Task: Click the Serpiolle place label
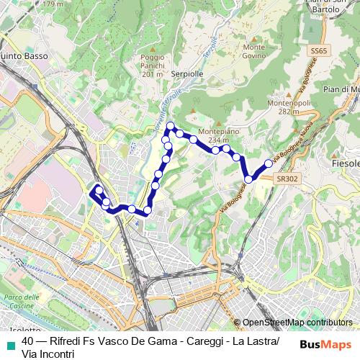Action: point(189,73)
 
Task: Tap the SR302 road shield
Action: point(286,179)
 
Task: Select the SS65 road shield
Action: point(320,51)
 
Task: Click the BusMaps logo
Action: point(325,344)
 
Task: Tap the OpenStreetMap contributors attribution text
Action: point(296,323)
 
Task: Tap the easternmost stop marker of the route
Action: point(269,163)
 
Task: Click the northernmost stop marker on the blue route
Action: point(171,127)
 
